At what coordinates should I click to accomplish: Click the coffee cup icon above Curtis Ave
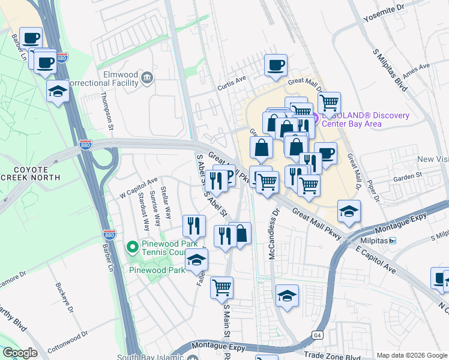[x=276, y=65]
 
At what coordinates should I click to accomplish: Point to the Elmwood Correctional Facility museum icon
[x=147, y=77]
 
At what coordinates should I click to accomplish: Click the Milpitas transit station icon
[x=392, y=241]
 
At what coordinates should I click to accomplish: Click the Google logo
[x=20, y=352]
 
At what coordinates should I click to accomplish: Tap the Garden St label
[x=408, y=178]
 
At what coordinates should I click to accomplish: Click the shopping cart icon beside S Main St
[x=221, y=287]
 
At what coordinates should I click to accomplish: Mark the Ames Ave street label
[x=417, y=71]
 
